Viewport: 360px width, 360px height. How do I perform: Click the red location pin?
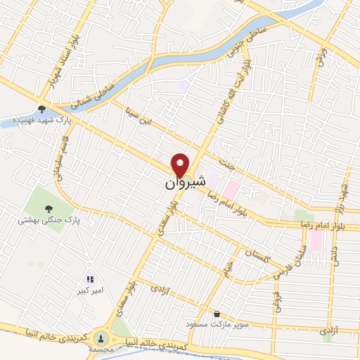pyautogui.click(x=181, y=165)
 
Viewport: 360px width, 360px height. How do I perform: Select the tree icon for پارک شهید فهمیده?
pyautogui.click(x=42, y=108)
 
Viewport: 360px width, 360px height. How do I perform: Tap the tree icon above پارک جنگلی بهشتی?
pyautogui.click(x=49, y=208)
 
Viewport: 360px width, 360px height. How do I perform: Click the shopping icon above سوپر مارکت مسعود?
pyautogui.click(x=217, y=314)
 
